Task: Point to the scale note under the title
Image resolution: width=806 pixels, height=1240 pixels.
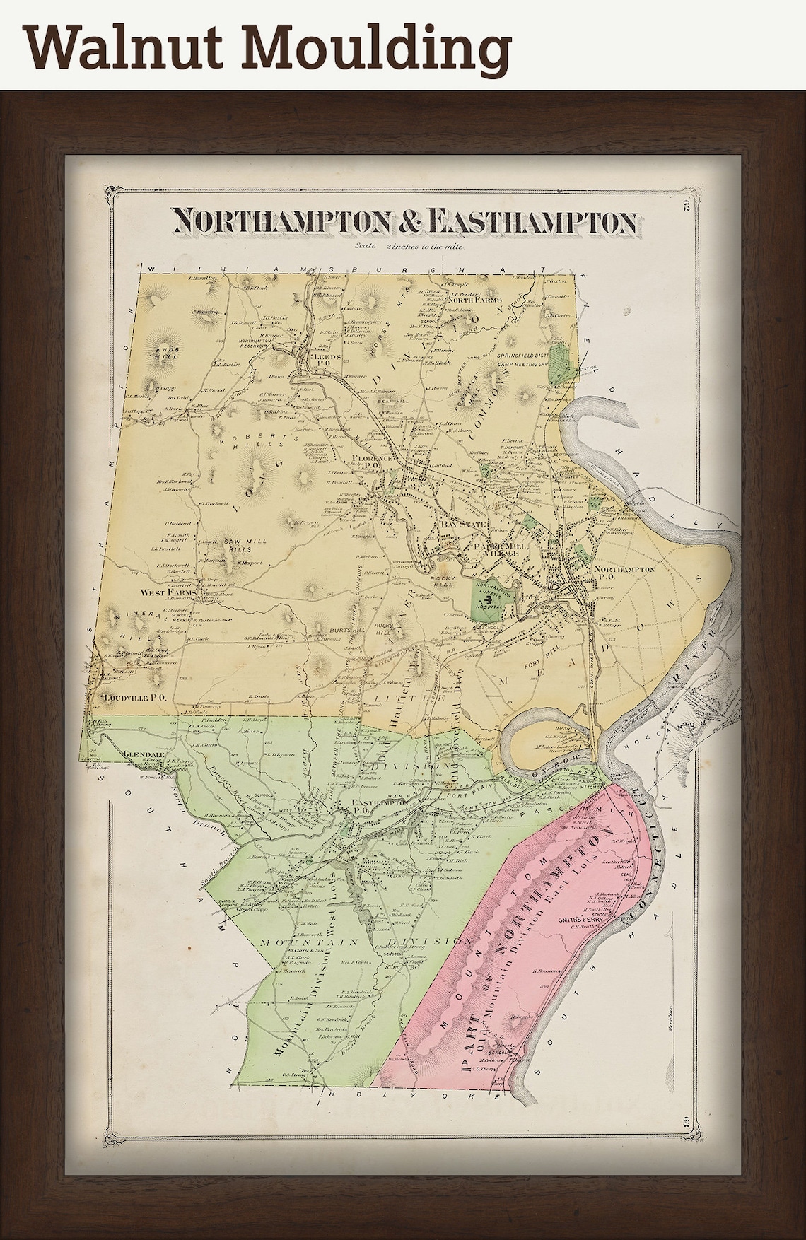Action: (407, 247)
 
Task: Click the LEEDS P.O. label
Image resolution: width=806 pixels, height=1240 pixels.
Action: (326, 358)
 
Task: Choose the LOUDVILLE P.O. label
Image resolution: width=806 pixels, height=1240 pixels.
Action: (134, 696)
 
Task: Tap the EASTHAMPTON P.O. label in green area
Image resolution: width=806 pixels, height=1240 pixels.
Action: (370, 807)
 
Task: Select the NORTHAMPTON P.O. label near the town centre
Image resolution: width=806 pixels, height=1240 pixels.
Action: (624, 572)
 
